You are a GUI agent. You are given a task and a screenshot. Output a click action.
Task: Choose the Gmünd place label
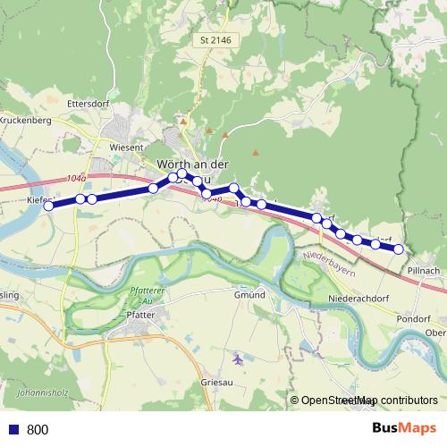coord(249,295)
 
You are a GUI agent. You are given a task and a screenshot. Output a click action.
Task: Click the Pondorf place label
coord(417,316)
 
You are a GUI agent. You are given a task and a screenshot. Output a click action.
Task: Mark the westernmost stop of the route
coord(49,206)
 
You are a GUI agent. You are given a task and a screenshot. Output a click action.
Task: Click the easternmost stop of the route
coord(399,249)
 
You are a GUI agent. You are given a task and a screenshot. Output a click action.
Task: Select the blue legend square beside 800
coord(13,430)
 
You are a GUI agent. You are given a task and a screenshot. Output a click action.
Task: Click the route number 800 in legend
coord(38,430)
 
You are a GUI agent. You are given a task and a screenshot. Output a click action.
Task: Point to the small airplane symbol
coord(237,360)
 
